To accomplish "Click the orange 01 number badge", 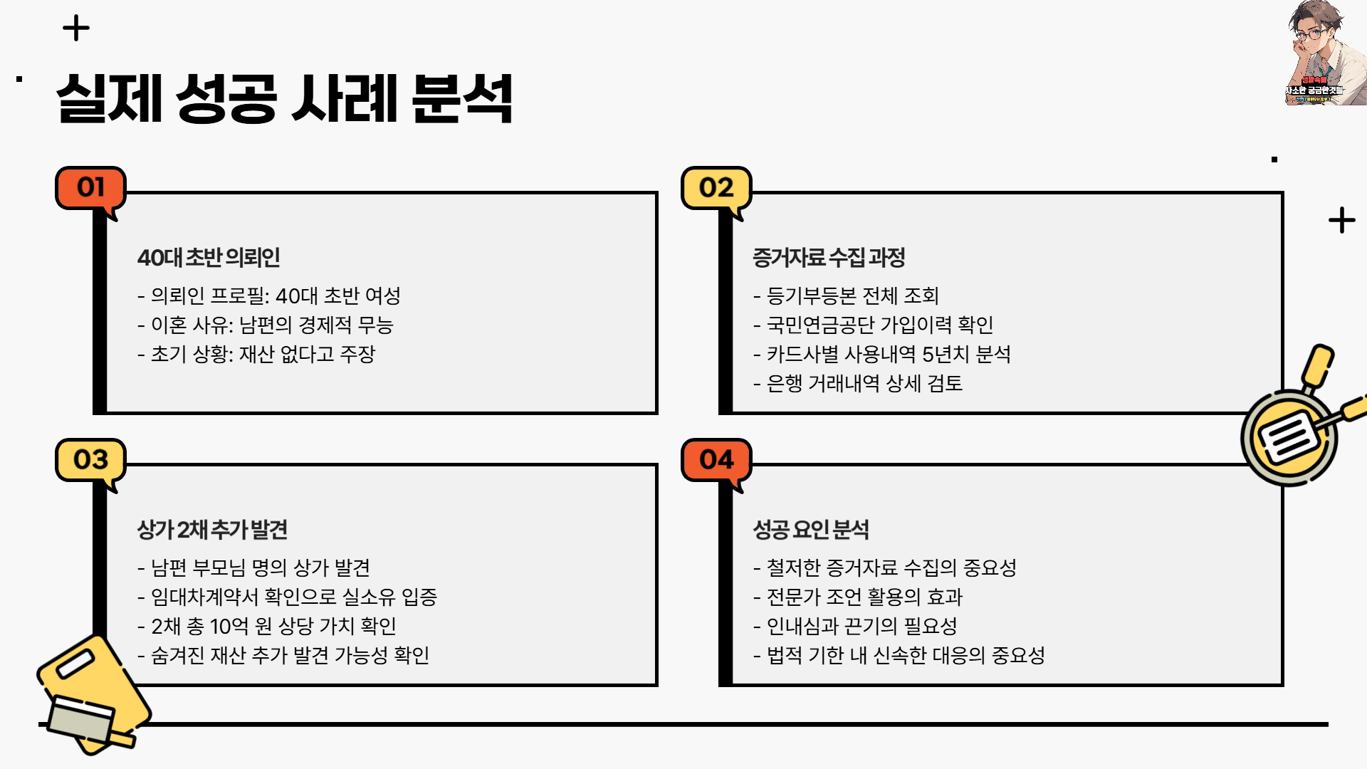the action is (x=90, y=188).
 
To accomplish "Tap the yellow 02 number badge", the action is (x=716, y=188).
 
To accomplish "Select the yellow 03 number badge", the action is (x=90, y=460).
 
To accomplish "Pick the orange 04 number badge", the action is (x=716, y=460).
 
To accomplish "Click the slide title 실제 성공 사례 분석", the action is (x=285, y=99).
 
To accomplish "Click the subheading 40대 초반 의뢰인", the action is (x=209, y=257).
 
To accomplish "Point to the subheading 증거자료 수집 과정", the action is (x=829, y=257).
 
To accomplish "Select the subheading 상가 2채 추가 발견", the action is (x=212, y=529).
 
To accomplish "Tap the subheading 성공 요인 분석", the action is (x=811, y=529).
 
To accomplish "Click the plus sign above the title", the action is (x=76, y=29).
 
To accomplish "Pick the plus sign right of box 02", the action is (x=1341, y=221).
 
